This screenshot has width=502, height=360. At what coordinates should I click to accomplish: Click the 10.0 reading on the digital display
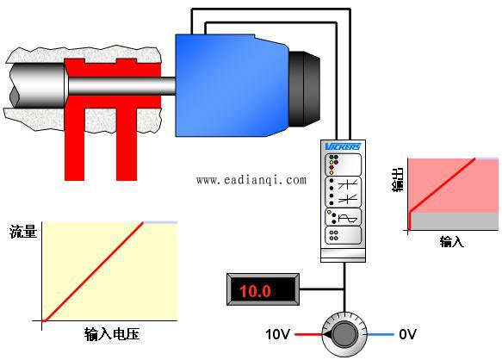click(255, 291)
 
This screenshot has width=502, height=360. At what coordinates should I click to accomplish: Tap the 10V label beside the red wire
click(277, 334)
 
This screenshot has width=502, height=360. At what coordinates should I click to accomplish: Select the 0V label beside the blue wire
click(407, 334)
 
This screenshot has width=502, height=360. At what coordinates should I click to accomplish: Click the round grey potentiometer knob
click(344, 334)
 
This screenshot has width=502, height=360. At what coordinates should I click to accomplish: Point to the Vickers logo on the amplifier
click(343, 146)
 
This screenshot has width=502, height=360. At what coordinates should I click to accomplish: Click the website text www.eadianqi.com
click(251, 180)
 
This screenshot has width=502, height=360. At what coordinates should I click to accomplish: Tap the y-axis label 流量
click(23, 232)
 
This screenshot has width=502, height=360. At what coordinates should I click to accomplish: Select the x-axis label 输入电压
click(112, 334)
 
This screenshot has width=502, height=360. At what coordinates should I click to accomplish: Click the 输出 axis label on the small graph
click(398, 180)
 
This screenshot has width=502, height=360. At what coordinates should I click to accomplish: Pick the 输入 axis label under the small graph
click(451, 241)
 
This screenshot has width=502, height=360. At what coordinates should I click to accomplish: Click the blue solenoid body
click(231, 85)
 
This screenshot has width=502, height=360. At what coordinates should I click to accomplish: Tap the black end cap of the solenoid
click(304, 88)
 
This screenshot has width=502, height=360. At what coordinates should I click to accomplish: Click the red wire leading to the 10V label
click(308, 335)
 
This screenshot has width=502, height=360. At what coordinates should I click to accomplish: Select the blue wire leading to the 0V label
click(380, 335)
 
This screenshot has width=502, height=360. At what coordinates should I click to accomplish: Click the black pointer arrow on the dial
click(327, 335)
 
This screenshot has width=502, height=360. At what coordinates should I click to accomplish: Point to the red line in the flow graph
click(93, 271)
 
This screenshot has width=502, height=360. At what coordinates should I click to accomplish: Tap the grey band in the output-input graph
click(455, 221)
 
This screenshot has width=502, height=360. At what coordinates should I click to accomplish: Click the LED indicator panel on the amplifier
click(343, 164)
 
